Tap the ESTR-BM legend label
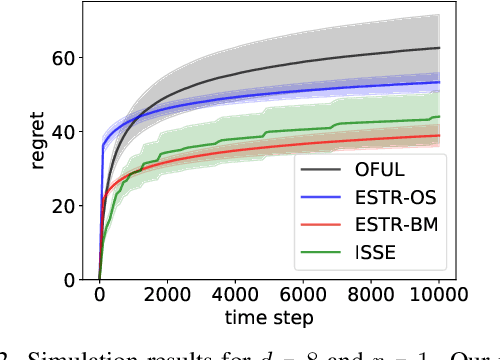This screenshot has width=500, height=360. click(x=393, y=229)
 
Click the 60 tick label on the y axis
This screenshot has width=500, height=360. click(x=61, y=58)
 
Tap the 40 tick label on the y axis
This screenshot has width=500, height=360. click(x=61, y=132)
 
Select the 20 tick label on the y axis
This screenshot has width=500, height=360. click(x=61, y=206)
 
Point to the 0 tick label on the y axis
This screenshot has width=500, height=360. click(x=68, y=280)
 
